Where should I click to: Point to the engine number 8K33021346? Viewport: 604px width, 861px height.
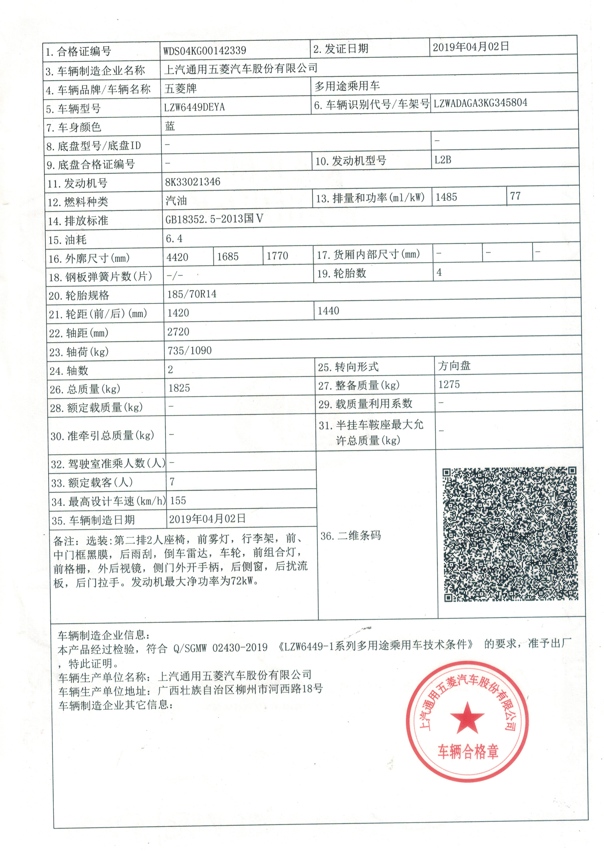193,182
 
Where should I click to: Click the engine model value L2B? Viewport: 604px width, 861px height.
443,160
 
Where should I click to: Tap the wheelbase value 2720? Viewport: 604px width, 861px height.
178,332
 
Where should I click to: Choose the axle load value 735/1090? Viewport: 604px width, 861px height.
190,351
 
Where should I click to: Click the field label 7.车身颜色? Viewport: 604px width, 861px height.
73,128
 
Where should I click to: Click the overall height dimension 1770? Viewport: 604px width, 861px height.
277,256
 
